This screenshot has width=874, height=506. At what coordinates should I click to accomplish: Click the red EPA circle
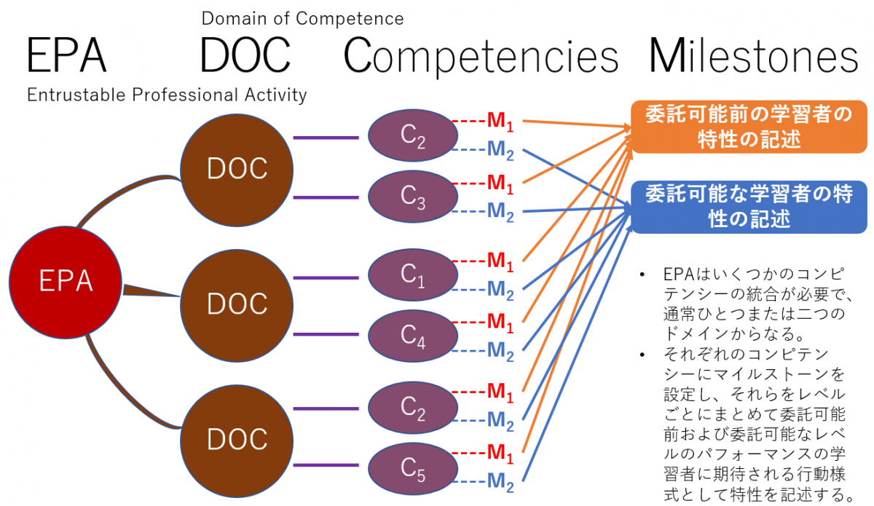coord(66,281)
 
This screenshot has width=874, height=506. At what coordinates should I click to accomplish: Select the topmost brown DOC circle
coord(237,168)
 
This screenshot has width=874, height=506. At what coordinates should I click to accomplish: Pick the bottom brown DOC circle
coord(237,438)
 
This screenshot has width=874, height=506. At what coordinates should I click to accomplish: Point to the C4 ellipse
coord(413,334)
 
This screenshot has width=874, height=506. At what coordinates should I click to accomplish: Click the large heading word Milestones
coord(753,56)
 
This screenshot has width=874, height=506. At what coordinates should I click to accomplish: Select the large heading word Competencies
coord(481,56)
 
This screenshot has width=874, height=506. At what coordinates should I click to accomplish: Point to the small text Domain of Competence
coord(302,17)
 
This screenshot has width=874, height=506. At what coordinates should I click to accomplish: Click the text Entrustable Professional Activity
coord(167,95)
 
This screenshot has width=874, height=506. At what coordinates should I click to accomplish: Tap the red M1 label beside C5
coord(500,452)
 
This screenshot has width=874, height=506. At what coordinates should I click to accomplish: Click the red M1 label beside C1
coord(500,260)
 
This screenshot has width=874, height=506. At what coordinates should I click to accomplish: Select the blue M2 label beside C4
coord(500,352)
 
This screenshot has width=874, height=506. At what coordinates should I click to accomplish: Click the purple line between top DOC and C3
coord(326,198)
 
